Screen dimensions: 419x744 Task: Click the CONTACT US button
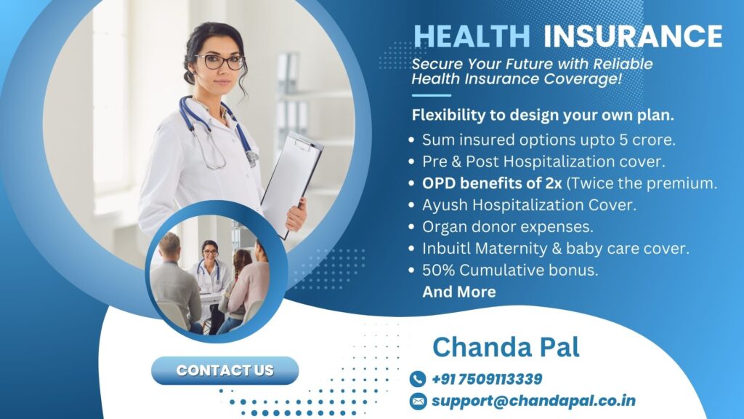coord(225,370)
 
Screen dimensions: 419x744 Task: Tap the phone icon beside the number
coord(417,379)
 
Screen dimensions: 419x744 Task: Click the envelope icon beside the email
coord(417,401)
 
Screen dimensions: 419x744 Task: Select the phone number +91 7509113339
coord(487,379)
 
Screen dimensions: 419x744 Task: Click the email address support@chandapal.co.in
coord(533,401)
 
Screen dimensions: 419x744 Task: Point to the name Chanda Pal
coord(506,347)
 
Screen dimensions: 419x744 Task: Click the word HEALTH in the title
coord(472,36)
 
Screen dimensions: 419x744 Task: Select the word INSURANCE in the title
coord(632,36)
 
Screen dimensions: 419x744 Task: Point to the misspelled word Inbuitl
coord(448,248)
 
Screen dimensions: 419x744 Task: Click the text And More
coord(459,292)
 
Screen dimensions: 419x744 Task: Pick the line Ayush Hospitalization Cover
coord(529,205)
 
